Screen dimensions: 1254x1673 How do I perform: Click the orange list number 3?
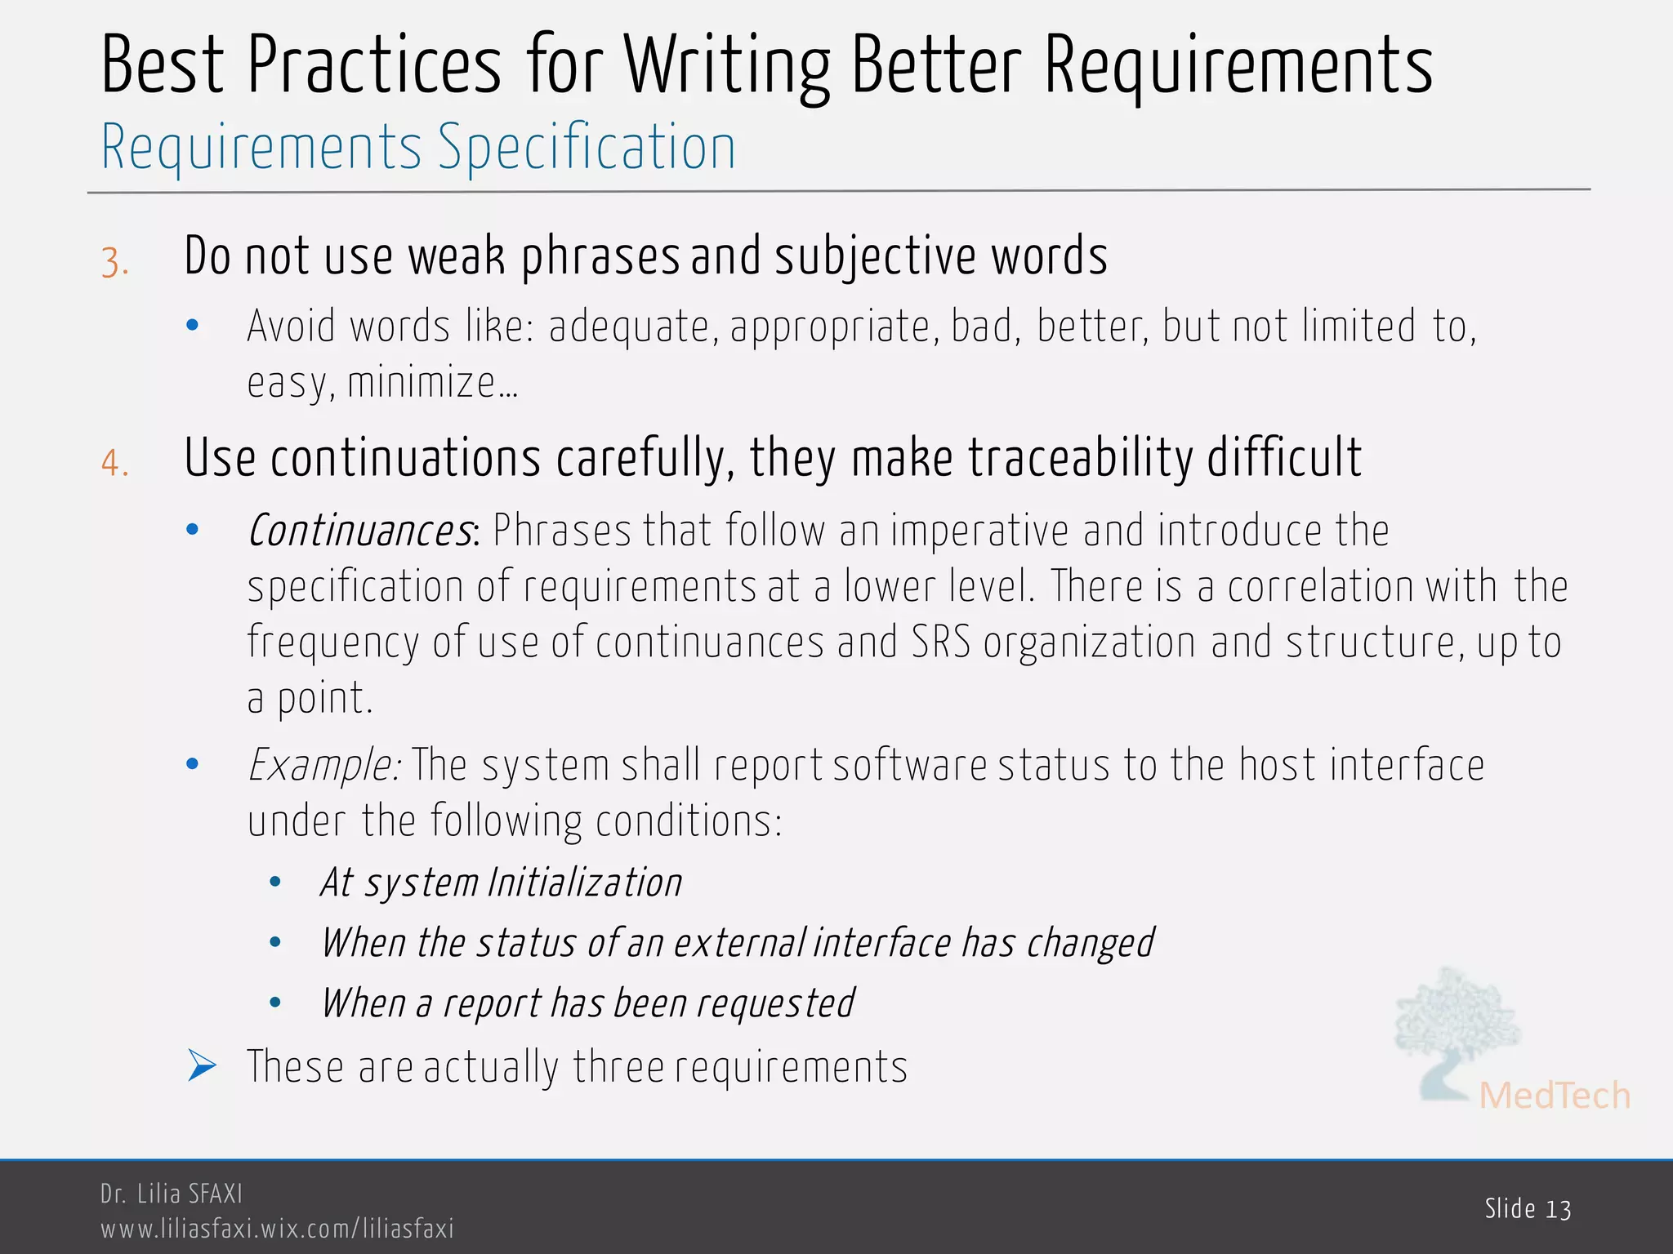[115, 264]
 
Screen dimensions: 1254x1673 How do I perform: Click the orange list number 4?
[115, 464]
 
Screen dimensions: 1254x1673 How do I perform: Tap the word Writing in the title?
[727, 67]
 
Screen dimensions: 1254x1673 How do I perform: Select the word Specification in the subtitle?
[587, 148]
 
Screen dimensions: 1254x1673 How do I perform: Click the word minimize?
[422, 383]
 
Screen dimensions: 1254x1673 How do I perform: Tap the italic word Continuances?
[360, 531]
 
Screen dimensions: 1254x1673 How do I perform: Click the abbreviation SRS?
[941, 642]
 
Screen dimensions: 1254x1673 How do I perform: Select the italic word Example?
[323, 766]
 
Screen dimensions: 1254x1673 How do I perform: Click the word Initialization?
[585, 883]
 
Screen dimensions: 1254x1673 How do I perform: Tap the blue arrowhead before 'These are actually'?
[201, 1066]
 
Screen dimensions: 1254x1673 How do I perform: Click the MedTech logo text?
[1554, 1096]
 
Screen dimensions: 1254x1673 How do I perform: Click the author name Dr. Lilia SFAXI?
[172, 1194]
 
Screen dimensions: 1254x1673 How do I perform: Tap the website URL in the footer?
[277, 1229]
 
